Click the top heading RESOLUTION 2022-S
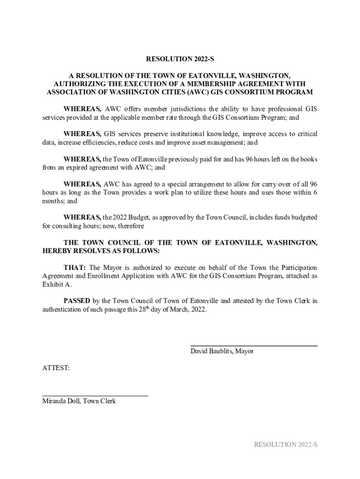[x=180, y=59]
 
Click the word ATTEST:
[x=56, y=368]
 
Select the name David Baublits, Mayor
[x=222, y=351]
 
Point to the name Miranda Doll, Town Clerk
[x=79, y=401]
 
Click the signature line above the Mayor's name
[x=253, y=346]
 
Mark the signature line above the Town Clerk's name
[x=95, y=396]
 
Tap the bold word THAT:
[x=74, y=268]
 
